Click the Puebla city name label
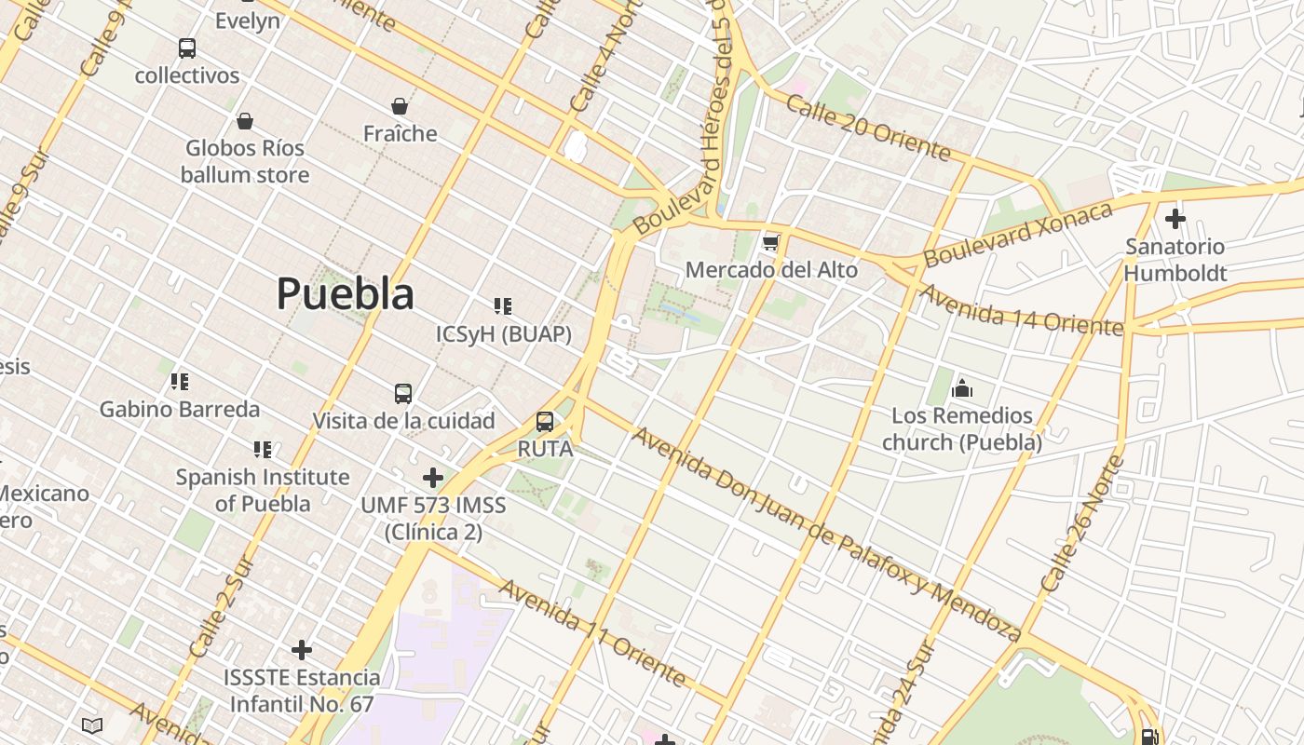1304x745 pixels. pyautogui.click(x=345, y=294)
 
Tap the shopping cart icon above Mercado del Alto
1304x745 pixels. pyautogui.click(x=770, y=243)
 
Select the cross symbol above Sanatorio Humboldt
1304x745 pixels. pyautogui.click(x=1175, y=220)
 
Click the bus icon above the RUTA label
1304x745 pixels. pyautogui.click(x=545, y=422)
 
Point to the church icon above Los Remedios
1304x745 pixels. pyautogui.click(x=962, y=387)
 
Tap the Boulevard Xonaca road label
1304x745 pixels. pyautogui.click(x=1018, y=233)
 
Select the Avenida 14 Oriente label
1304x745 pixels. pyautogui.click(x=1021, y=310)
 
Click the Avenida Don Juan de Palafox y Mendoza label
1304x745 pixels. pyautogui.click(x=826, y=534)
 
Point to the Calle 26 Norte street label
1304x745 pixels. pyautogui.click(x=1083, y=525)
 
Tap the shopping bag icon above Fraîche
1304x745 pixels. pyautogui.click(x=400, y=106)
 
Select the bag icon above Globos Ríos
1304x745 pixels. pyautogui.click(x=245, y=121)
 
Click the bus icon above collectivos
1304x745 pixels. pyautogui.click(x=187, y=48)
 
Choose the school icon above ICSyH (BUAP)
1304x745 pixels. pyautogui.click(x=503, y=306)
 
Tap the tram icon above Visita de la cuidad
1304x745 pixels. pyautogui.click(x=403, y=394)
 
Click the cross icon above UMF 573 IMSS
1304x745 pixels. pyautogui.click(x=433, y=478)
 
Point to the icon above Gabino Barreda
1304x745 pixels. pyautogui.click(x=180, y=382)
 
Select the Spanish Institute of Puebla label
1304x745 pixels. pyautogui.click(x=263, y=490)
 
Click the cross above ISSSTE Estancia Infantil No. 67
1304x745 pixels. pyautogui.click(x=302, y=650)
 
